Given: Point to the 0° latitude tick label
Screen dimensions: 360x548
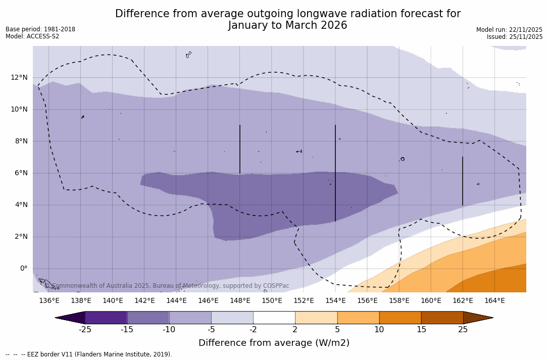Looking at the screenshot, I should point(23,269).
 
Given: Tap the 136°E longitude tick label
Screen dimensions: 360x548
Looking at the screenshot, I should point(49,301).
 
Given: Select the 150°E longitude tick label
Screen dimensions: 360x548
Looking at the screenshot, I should point(272,301).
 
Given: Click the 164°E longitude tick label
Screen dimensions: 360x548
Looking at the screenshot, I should point(494,301).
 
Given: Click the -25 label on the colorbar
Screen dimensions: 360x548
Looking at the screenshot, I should point(85,330).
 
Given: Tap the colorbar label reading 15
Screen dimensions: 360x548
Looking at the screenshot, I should point(421,330).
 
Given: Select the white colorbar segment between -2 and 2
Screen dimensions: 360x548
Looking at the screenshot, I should point(274,318).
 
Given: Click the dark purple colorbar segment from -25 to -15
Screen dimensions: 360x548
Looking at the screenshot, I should point(106,318).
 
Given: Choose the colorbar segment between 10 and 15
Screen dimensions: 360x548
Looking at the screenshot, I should point(400,318).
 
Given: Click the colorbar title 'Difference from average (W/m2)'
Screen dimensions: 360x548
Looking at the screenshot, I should point(274,343).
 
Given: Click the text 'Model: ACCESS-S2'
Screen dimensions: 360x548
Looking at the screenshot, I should point(32,36).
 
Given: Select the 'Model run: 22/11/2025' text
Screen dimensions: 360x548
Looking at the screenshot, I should point(509,30).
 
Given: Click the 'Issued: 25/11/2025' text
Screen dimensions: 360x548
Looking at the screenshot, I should point(514,37).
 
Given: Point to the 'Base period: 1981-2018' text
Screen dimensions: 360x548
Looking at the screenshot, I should point(40,29).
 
